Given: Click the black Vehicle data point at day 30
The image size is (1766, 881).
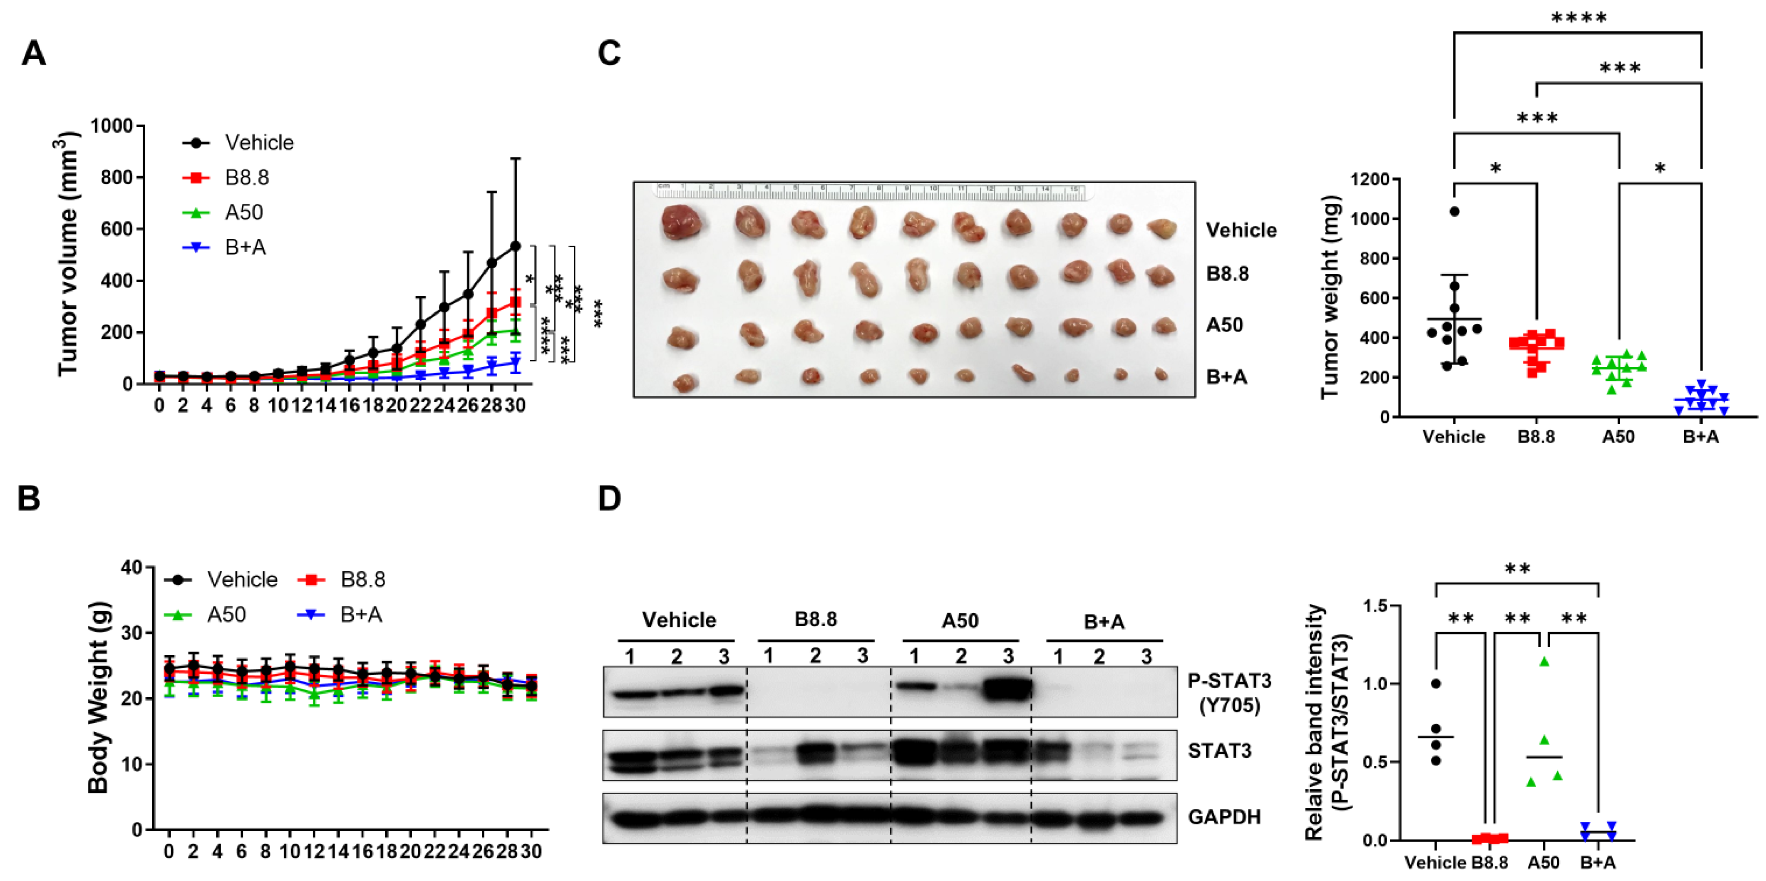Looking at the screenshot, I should tap(515, 246).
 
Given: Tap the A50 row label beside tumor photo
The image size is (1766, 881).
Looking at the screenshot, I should tap(1225, 324).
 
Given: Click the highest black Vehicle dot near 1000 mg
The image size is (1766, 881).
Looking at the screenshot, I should tap(1454, 211).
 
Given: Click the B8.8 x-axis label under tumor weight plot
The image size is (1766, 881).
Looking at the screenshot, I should tap(1536, 437).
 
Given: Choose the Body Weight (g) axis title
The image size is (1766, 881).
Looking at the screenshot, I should tap(99, 697).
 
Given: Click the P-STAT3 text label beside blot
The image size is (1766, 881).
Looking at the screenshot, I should tap(1229, 681).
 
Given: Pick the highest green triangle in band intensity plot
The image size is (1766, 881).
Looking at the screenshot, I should tap(1544, 662).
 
